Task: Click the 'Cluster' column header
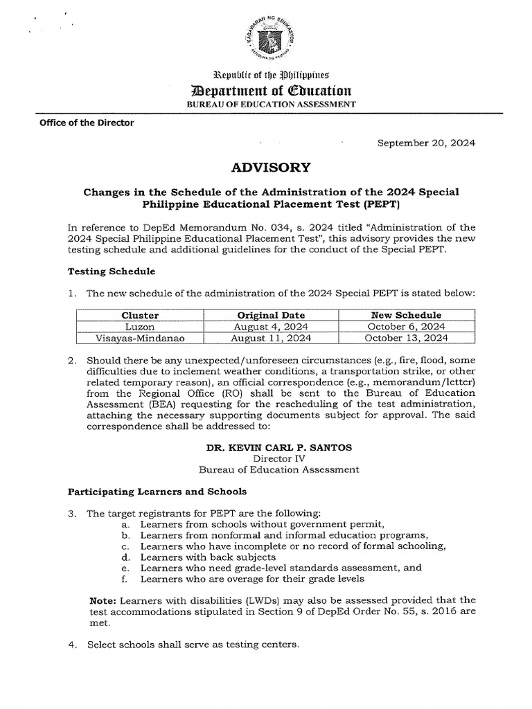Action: [x=140, y=315]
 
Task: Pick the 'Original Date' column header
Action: [x=272, y=315]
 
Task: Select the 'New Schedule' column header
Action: [x=406, y=315]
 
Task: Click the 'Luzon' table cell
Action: [x=140, y=326]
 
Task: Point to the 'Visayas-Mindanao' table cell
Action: [x=140, y=338]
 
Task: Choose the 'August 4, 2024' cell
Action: [x=272, y=326]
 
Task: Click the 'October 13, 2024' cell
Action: [x=406, y=338]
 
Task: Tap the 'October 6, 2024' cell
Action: [x=406, y=326]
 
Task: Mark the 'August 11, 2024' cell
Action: [x=272, y=338]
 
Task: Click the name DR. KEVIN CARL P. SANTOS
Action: [x=278, y=447]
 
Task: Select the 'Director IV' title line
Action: [x=278, y=458]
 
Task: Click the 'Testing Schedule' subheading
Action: [x=111, y=271]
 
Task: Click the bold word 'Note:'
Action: [x=105, y=600]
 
